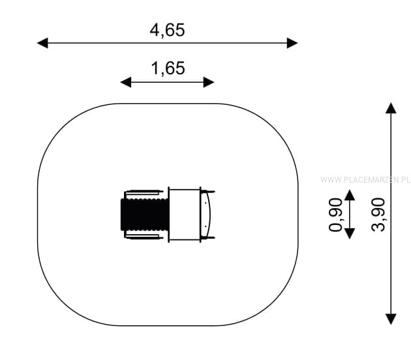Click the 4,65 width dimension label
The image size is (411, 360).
pos(167,30)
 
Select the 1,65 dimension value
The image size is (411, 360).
pos(168,68)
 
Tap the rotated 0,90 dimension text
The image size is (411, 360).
pos(335,215)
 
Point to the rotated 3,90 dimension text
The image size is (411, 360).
pos(378,215)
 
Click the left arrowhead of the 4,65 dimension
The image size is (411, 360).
pos(42,43)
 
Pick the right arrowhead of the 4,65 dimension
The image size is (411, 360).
pos(292,43)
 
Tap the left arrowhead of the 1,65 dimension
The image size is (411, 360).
pos(125,82)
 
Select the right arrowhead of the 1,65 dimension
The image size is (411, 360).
pos(209,82)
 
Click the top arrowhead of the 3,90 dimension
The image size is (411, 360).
pos(391,108)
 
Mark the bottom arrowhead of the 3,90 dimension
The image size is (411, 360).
pos(391,319)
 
